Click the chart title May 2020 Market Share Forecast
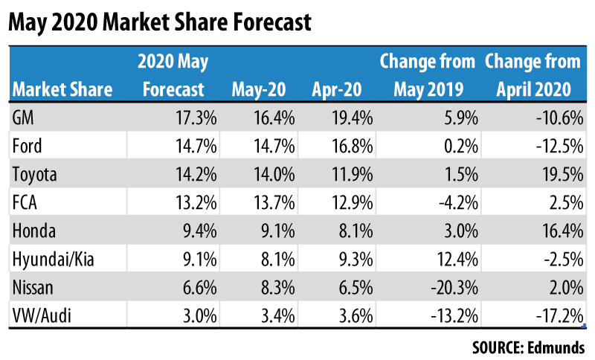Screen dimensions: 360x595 click(x=159, y=23)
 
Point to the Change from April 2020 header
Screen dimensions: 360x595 click(x=533, y=75)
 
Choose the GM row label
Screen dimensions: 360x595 click(x=24, y=116)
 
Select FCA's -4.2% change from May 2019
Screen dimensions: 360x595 click(x=452, y=203)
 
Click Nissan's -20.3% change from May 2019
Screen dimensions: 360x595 click(x=449, y=289)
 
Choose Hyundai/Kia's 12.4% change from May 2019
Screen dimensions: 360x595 click(x=452, y=260)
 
